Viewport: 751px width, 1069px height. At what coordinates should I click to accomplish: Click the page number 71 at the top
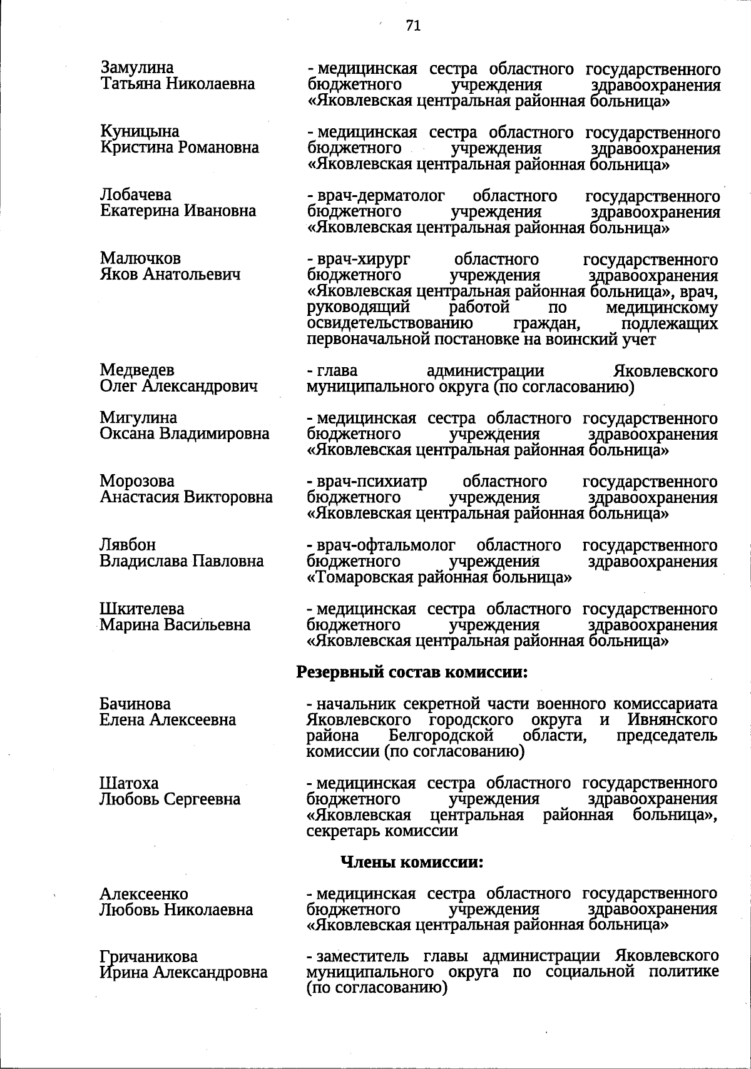point(412,26)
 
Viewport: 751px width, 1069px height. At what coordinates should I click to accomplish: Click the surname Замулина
point(136,68)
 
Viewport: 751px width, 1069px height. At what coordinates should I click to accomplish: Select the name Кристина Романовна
point(180,148)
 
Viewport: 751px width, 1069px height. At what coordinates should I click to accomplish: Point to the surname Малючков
point(140,258)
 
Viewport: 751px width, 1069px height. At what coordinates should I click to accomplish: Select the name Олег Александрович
point(178,387)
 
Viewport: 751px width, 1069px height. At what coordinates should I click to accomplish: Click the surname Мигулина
point(138,417)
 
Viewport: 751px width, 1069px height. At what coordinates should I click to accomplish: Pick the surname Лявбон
point(128,545)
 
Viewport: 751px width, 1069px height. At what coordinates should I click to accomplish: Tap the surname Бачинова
point(135,704)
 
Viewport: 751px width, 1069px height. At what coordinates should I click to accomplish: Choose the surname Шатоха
point(129,783)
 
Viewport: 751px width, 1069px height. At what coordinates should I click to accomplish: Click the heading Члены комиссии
point(412,862)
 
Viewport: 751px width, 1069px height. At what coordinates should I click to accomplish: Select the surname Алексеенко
point(143,894)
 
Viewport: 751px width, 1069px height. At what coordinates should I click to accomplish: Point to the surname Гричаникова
point(148,957)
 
